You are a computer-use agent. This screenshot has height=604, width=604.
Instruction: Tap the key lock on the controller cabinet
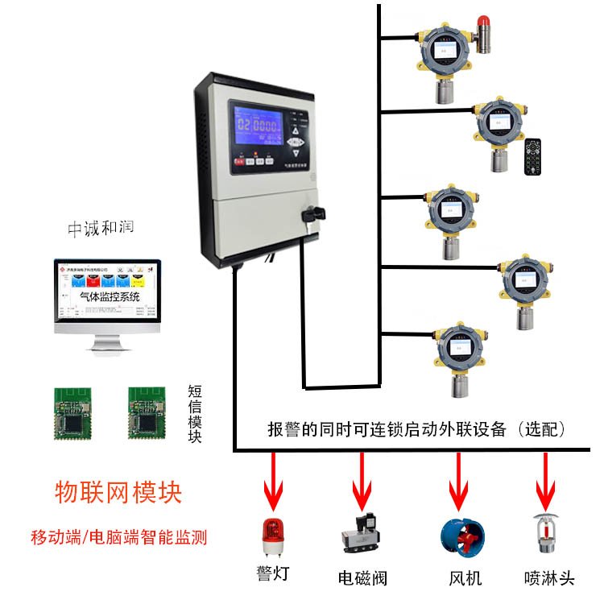pos(312,214)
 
